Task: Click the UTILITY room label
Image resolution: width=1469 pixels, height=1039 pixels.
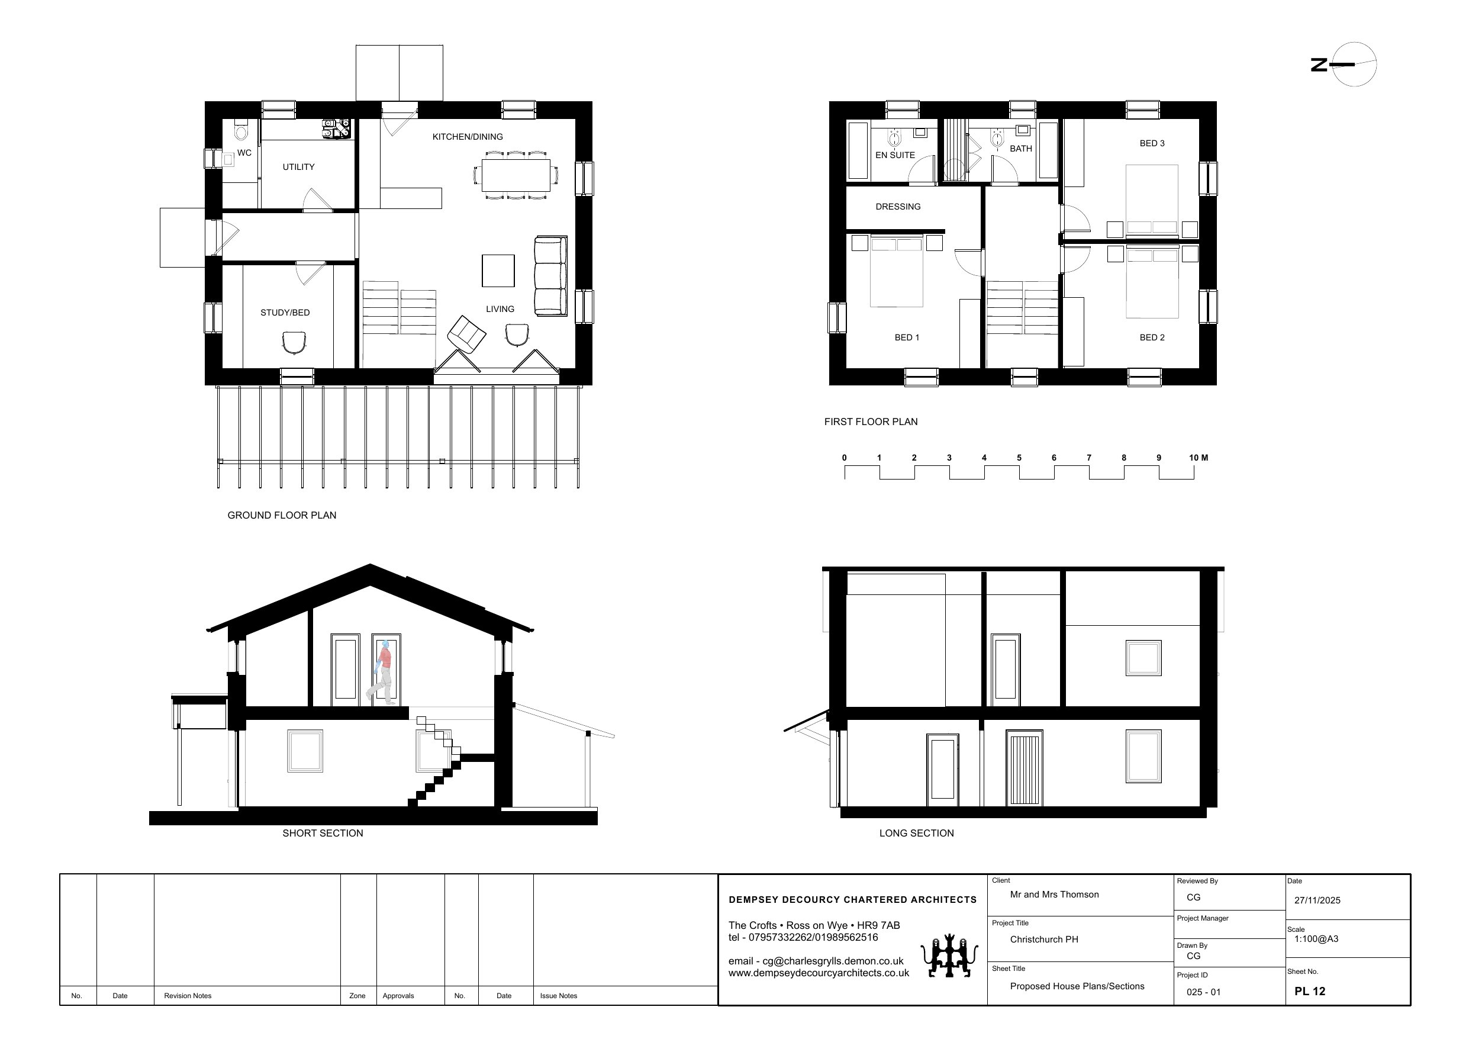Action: (299, 167)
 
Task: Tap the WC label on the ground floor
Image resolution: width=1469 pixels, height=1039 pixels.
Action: (244, 153)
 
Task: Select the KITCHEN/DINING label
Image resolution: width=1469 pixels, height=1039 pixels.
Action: (468, 137)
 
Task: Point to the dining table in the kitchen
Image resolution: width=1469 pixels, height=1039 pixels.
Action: (516, 175)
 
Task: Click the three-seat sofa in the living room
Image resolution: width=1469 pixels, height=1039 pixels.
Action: (550, 276)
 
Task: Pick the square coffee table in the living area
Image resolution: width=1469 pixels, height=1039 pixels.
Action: (498, 271)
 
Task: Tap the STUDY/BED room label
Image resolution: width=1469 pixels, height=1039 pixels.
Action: (285, 313)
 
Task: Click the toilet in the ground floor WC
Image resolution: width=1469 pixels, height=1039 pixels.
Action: (240, 131)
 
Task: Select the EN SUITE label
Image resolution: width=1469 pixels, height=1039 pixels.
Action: (895, 155)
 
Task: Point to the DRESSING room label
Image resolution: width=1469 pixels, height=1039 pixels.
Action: (898, 207)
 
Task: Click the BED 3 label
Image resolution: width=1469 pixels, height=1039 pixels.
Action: (1152, 143)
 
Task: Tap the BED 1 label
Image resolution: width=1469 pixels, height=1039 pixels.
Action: (907, 337)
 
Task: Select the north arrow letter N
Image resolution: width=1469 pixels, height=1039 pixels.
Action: (1319, 65)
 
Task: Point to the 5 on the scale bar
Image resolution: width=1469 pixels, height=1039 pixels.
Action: (1019, 458)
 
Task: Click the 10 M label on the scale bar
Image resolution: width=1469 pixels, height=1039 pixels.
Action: (1199, 458)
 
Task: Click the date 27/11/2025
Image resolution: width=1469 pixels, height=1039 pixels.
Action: (1317, 900)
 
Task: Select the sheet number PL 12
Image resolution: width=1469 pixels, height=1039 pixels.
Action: (1310, 991)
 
